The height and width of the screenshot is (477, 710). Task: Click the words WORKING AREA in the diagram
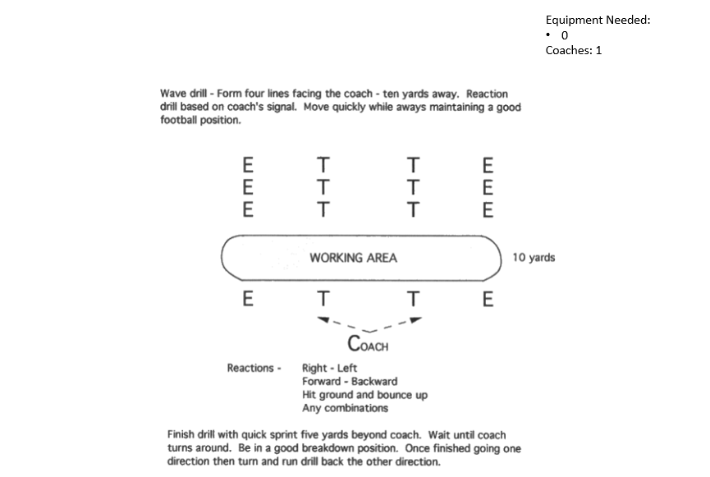[353, 258]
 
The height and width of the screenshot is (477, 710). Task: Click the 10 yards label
[534, 258]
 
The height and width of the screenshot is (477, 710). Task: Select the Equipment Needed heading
[598, 20]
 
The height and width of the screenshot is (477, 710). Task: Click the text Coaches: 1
[574, 50]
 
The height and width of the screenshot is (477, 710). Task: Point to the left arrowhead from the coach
[324, 319]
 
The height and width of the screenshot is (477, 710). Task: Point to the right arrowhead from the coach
[415, 319]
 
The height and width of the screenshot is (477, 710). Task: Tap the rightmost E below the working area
[488, 299]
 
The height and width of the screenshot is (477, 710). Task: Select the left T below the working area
[324, 299]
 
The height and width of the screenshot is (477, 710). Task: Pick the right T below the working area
[414, 299]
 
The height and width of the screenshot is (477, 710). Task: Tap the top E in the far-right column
[488, 163]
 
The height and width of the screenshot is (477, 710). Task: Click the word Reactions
[250, 368]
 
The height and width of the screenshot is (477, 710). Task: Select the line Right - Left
[329, 368]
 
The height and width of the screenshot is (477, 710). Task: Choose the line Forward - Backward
[350, 381]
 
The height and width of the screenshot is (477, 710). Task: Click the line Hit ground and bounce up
[364, 395]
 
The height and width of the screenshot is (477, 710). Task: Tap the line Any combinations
[345, 408]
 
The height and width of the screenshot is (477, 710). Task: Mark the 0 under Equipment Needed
[565, 35]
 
